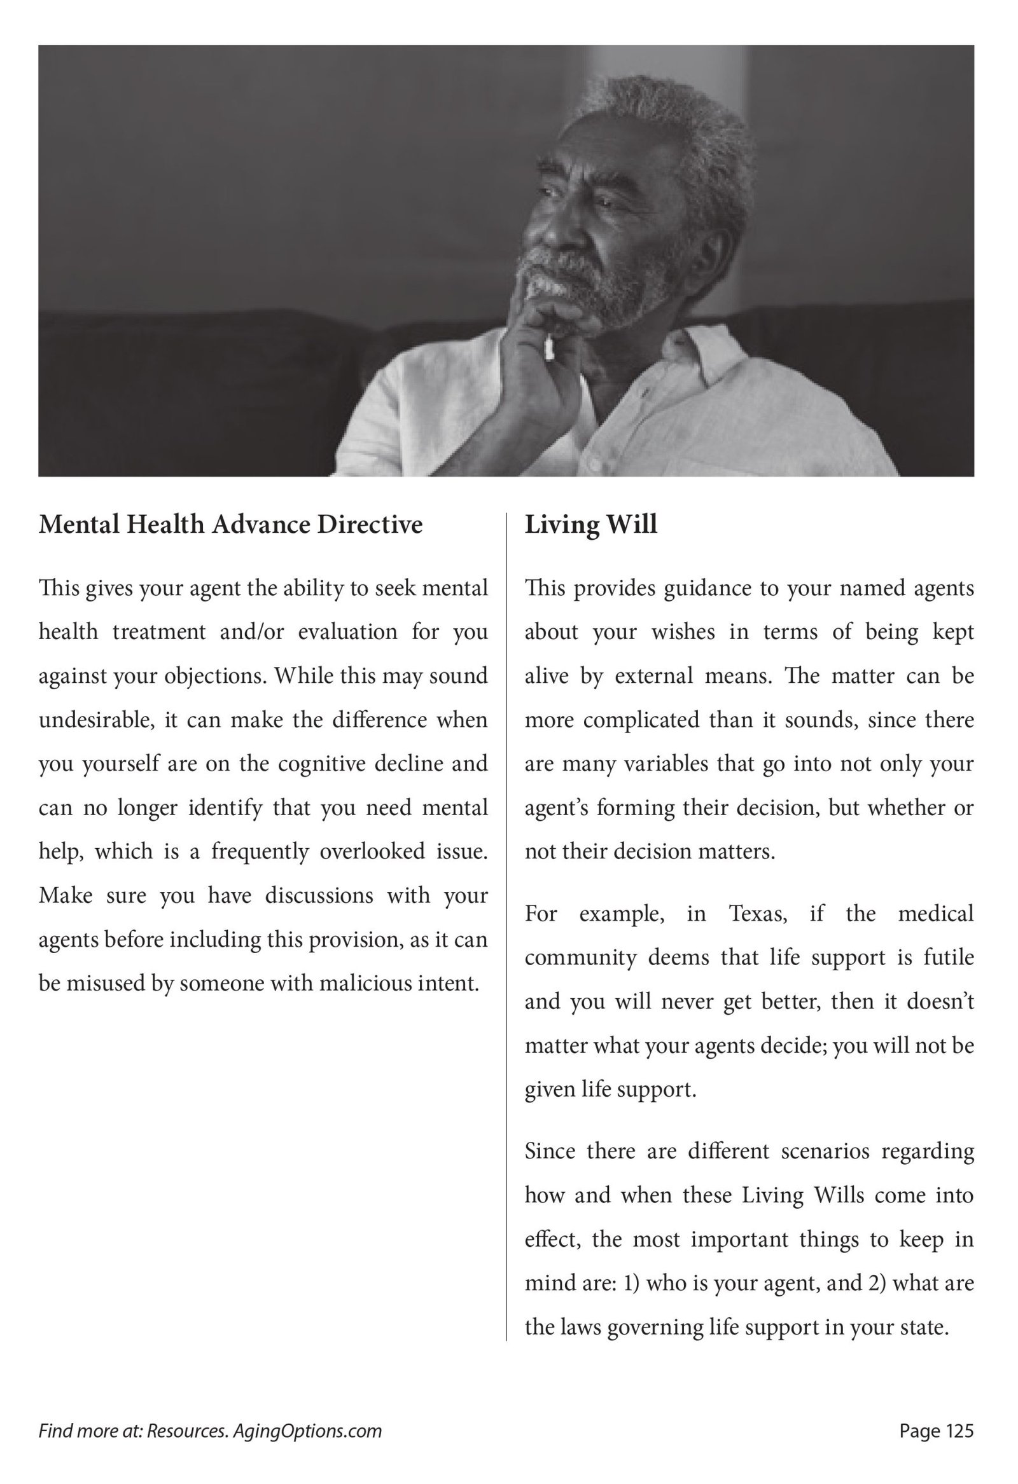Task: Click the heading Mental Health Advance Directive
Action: pyautogui.click(x=230, y=525)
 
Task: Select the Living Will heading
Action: pyautogui.click(x=590, y=525)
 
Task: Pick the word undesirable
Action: pyautogui.click(x=97, y=720)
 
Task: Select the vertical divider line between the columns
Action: pyautogui.click(x=506, y=926)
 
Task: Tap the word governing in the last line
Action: pyautogui.click(x=655, y=1328)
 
